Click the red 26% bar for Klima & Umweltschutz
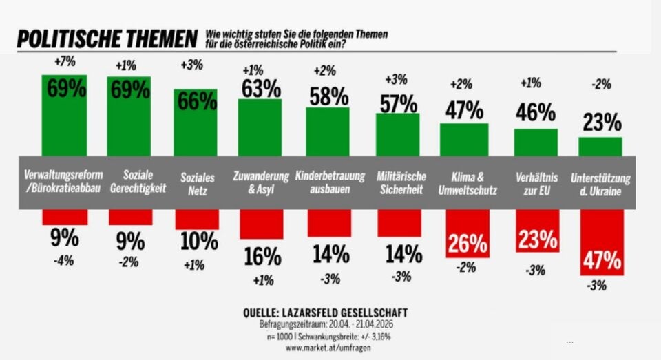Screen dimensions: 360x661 468,234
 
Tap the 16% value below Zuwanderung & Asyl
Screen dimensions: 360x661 262,256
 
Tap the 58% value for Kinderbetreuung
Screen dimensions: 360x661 329,96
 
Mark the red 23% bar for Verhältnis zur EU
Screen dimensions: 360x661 536,231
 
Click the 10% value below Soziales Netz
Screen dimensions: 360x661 198,242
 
